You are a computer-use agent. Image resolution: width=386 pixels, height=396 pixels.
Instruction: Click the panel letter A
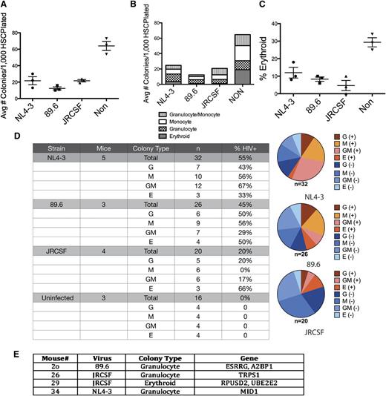tap(5, 5)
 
